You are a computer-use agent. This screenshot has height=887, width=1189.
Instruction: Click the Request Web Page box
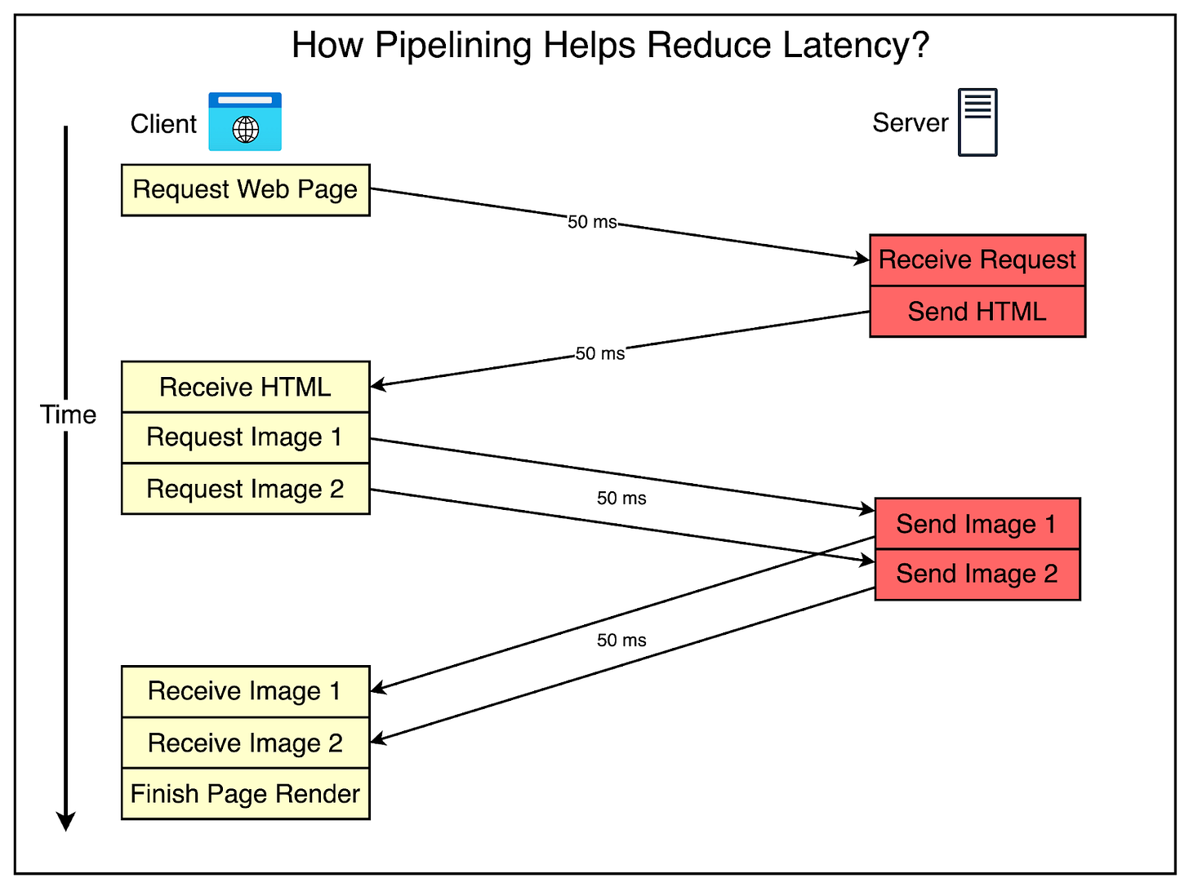(245, 190)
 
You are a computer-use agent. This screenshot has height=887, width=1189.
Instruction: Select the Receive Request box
(977, 260)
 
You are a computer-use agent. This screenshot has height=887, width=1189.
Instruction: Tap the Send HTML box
(977, 312)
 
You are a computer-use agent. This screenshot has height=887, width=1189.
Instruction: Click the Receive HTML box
(245, 387)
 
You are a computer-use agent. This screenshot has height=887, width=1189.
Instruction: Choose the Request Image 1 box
(245, 437)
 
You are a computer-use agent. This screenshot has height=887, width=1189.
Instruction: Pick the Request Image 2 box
(245, 489)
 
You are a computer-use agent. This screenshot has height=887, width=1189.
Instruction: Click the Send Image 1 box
(977, 524)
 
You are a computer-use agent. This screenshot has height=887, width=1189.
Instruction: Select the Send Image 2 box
(977, 574)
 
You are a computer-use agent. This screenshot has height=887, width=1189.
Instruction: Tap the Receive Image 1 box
(245, 691)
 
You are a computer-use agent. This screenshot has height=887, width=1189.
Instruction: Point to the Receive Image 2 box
(245, 743)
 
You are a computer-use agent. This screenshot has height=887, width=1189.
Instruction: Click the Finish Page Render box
(245, 794)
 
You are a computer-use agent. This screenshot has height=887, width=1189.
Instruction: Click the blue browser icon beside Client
(245, 122)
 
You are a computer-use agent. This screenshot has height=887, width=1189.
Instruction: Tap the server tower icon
(977, 122)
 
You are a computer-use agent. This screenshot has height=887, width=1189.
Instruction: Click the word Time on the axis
(69, 415)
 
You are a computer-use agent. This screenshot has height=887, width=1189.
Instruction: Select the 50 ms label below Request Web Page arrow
(592, 222)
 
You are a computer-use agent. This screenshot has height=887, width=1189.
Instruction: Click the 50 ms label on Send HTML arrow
(600, 353)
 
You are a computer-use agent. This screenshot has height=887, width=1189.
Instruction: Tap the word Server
(910, 123)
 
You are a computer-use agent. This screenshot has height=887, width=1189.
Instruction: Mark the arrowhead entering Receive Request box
(862, 259)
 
